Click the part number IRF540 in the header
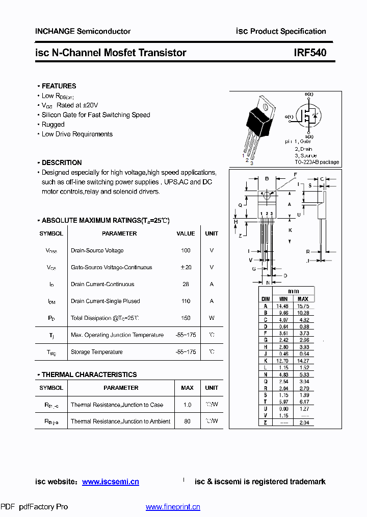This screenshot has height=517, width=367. point(310,53)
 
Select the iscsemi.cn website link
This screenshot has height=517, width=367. point(110,482)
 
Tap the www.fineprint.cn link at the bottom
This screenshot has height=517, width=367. point(173,507)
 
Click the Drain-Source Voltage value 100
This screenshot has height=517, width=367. point(186,250)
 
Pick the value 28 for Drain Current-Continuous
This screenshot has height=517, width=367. point(186,284)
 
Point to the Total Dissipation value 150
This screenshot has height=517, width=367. point(186,318)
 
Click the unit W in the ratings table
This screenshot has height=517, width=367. point(212,318)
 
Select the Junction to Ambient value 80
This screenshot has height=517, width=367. point(187,421)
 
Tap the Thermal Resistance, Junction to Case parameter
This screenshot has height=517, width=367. point(117,405)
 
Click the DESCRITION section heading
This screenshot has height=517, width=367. point(61,162)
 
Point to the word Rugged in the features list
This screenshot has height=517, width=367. point(53,125)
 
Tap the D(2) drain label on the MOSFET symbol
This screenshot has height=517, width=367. point(309,95)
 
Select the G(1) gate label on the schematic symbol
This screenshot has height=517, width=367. point(289,116)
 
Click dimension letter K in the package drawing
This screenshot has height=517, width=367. point(290,230)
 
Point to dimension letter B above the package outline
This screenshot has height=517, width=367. point(267,179)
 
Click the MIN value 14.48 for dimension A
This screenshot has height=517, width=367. point(282,306)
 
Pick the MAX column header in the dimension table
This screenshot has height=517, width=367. point(303,299)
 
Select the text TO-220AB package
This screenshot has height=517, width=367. point(316,162)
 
